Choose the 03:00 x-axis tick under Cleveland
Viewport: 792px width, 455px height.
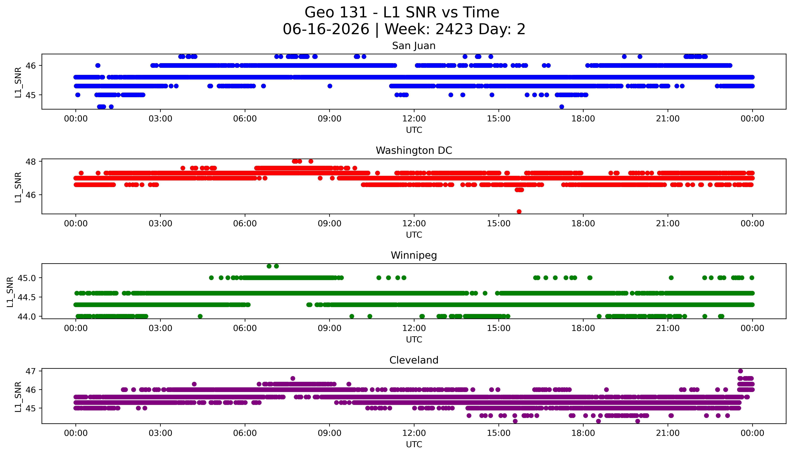pos(160,433)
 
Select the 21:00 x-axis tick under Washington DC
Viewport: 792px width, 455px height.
pos(668,223)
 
